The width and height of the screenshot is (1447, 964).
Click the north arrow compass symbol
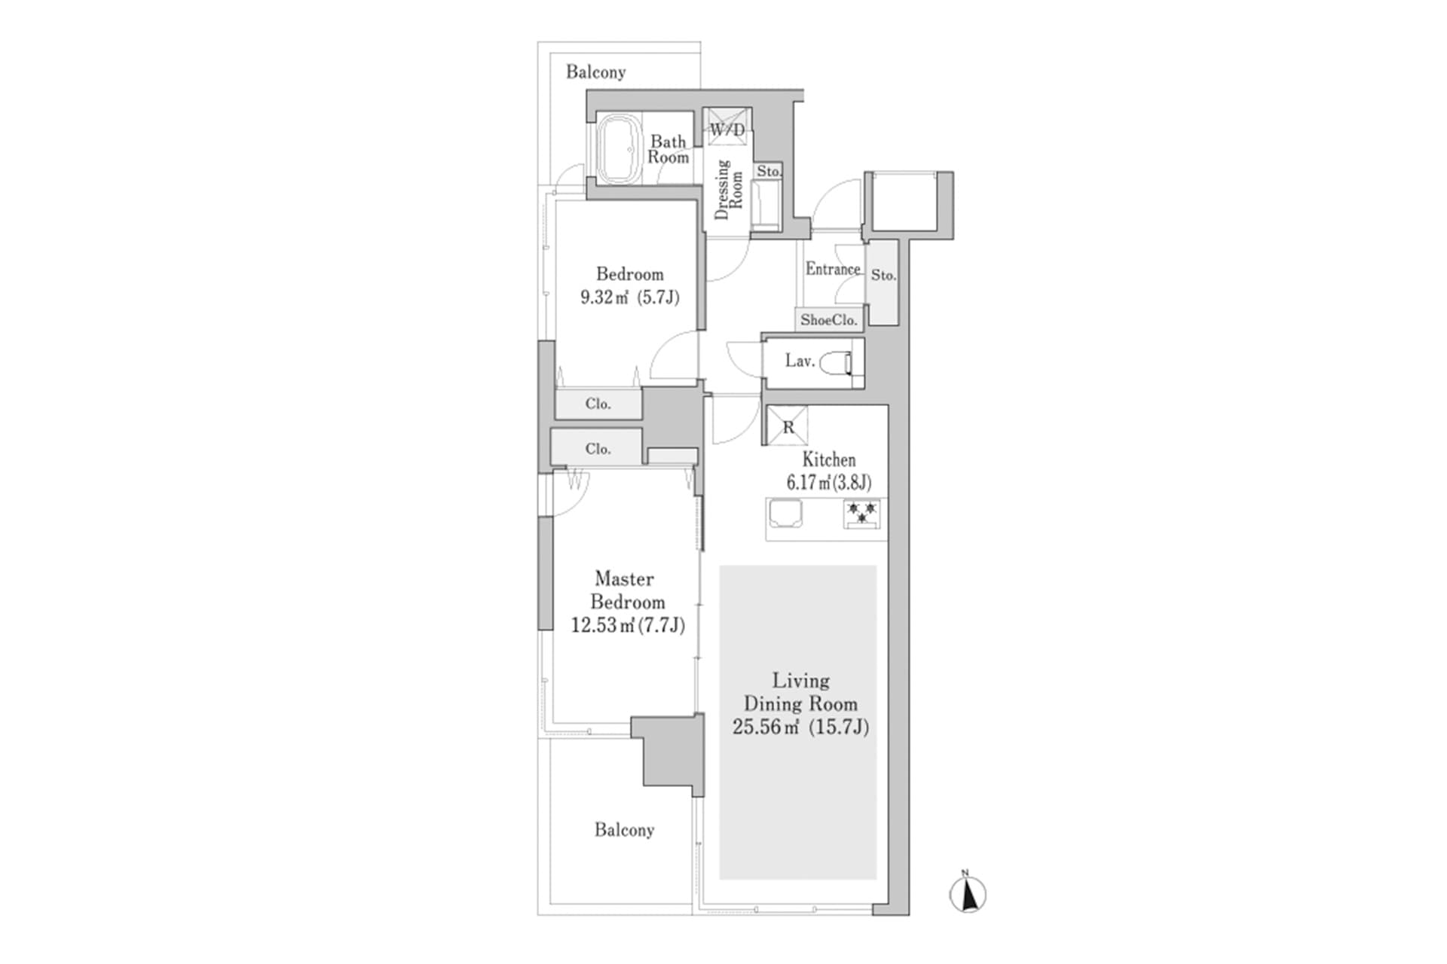point(968,895)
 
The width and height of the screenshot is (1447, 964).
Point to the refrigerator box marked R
point(788,426)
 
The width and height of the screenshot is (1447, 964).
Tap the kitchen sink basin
point(785,514)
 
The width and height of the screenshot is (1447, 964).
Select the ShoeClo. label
point(829,320)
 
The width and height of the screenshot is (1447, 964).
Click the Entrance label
point(832,269)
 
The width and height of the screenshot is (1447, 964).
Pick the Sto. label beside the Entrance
point(883,276)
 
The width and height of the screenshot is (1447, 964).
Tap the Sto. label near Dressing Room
point(769,172)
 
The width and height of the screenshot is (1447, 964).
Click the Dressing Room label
point(728,190)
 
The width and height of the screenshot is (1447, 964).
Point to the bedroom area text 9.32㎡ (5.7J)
point(629,297)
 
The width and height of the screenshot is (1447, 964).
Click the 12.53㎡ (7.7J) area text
point(628,625)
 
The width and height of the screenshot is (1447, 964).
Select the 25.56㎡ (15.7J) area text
point(800,728)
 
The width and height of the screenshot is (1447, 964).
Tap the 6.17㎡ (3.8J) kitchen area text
point(828,483)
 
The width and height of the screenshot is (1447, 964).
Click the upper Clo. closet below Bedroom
point(598,404)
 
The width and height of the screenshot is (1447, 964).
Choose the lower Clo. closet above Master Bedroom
point(598,449)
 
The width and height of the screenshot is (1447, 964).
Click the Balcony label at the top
point(595,72)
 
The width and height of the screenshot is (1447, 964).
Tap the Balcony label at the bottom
point(624,830)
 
